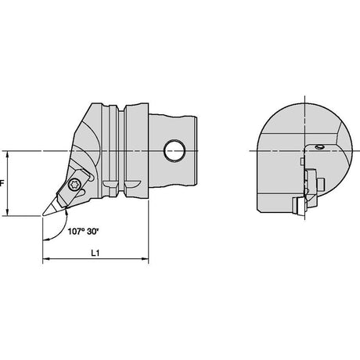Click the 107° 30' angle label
[83, 232]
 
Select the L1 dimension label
[95, 253]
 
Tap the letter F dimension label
[2, 183]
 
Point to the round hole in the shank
[175, 151]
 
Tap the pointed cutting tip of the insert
[43, 215]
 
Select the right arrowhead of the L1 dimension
[145, 259]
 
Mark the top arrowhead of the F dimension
[8, 155]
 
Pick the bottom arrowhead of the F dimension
[8, 212]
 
